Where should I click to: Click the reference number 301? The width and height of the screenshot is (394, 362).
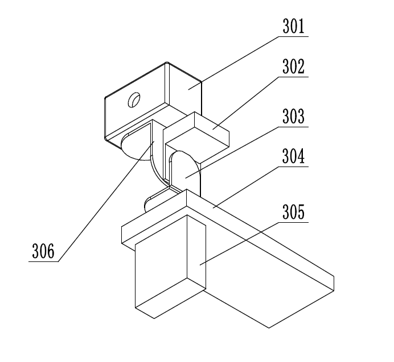294,27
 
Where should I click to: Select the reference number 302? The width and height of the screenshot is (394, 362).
294,67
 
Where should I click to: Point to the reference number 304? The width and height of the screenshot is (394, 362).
294,157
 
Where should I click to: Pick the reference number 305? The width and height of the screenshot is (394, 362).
294,213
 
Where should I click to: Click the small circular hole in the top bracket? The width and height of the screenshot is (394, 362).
134,100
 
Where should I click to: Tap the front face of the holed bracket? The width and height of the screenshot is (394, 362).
134,111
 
